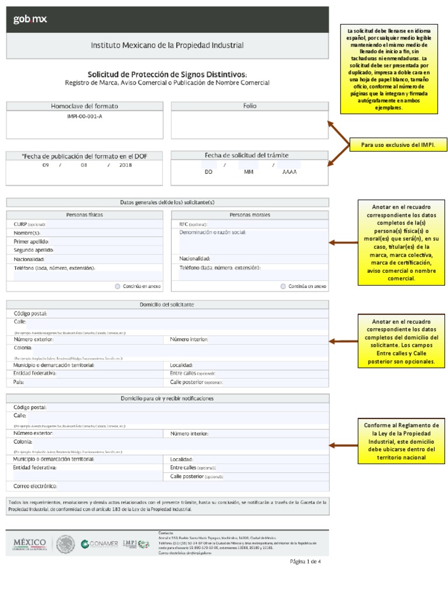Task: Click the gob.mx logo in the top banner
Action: [30, 19]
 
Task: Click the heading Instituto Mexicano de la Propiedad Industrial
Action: [167, 45]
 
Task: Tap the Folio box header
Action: [250, 106]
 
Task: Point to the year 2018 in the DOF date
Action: [125, 165]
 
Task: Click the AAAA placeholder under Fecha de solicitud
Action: [289, 173]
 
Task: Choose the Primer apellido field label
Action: [32, 241]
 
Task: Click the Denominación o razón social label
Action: [212, 232]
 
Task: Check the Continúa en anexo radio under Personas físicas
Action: [118, 286]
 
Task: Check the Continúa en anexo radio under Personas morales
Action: [283, 286]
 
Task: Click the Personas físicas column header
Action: [85, 215]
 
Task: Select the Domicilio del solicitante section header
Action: [167, 304]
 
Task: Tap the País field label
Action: [19, 381]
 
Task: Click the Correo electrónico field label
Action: [35, 486]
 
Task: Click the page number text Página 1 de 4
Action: [305, 562]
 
